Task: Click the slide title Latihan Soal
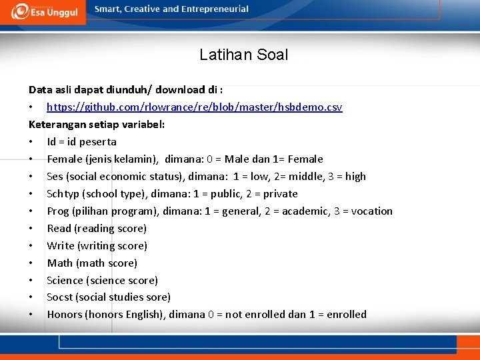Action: (243, 55)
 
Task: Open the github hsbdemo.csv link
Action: (194, 107)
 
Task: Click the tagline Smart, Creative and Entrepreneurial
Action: (171, 9)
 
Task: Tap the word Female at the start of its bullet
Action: (65, 159)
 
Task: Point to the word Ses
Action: (55, 176)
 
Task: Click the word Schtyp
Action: (63, 193)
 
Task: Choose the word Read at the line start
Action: (59, 228)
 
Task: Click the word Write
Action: (61, 245)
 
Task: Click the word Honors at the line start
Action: (65, 314)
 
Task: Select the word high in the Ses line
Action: (355, 176)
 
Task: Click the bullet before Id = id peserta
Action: (31, 141)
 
